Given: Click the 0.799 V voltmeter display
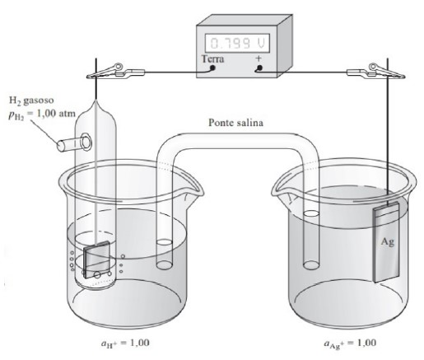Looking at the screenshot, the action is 238,43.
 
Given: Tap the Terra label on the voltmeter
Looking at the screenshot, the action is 212,58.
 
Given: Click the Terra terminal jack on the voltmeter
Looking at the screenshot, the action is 212,68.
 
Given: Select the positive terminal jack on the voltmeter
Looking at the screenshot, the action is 259,68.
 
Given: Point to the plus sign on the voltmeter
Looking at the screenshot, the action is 259,58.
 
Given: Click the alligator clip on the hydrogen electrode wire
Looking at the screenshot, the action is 115,72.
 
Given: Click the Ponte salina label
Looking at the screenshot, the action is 236,122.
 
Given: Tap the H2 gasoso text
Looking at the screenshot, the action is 31,101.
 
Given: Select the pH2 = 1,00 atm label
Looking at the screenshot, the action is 42,114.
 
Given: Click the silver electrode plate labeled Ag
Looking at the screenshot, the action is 386,242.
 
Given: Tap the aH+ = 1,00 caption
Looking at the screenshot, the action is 125,344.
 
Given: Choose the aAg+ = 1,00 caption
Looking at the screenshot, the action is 350,344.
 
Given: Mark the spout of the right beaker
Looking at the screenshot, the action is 281,190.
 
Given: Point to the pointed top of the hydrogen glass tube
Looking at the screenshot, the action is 96,101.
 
